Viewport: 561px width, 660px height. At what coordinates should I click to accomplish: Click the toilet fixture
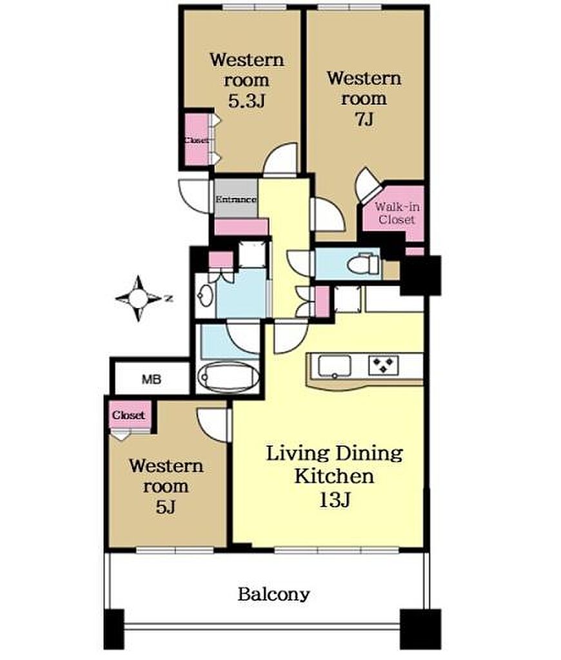[x=363, y=264]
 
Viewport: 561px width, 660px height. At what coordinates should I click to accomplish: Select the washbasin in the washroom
[x=206, y=295]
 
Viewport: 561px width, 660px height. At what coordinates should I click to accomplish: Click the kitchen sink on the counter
[x=334, y=366]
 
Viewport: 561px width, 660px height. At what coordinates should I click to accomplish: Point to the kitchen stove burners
[x=383, y=365]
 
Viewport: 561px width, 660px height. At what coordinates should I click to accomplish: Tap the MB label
[x=152, y=379]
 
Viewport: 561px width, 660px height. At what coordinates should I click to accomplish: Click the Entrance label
[x=236, y=199]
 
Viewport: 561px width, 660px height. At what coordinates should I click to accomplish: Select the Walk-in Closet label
[x=397, y=213]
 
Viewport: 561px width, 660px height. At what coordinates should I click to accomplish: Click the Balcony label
[x=274, y=594]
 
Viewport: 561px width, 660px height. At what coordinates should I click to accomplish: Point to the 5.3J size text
[x=246, y=101]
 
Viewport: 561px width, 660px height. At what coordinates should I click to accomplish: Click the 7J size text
[x=364, y=120]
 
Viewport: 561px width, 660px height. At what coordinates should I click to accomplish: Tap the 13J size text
[x=335, y=500]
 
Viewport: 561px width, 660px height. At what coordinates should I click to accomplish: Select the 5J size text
[x=166, y=507]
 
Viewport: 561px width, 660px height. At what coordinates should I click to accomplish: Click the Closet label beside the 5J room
[x=129, y=415]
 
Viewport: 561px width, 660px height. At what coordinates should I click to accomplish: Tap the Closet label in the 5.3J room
[x=197, y=141]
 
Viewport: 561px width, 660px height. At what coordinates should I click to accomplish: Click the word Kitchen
[x=334, y=477]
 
